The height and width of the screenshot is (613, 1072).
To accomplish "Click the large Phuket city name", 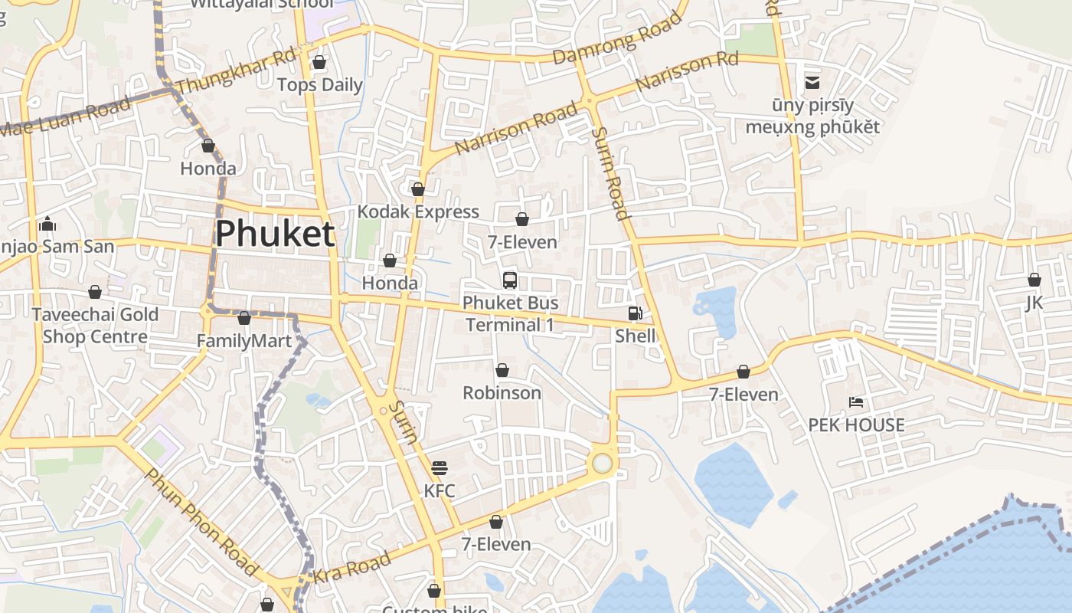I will [275, 234].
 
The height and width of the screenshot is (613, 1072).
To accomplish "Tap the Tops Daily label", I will [319, 84].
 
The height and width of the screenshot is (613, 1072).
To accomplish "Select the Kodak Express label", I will [418, 211].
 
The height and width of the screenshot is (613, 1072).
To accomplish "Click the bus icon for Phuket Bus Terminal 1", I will [510, 280].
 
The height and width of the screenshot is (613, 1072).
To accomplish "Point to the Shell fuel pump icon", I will [635, 313].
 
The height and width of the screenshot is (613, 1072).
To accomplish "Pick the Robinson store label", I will [502, 393].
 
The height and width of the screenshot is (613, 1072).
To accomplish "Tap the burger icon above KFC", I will [439, 467].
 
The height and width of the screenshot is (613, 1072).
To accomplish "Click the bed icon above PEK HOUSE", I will [856, 402].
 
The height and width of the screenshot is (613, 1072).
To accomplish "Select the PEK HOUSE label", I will [856, 425].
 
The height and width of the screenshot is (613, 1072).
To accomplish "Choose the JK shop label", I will [1034, 303].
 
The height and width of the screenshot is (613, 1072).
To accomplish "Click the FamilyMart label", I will [244, 341].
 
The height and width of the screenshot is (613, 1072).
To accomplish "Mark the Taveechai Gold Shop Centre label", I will [95, 326].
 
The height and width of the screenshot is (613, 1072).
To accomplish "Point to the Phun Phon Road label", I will [201, 523].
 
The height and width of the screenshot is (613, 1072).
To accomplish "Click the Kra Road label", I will [353, 569].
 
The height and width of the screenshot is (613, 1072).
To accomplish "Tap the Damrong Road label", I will [617, 38].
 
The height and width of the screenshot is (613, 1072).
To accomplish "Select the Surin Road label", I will [611, 174].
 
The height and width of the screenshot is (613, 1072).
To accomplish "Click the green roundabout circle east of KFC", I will [603, 464].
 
